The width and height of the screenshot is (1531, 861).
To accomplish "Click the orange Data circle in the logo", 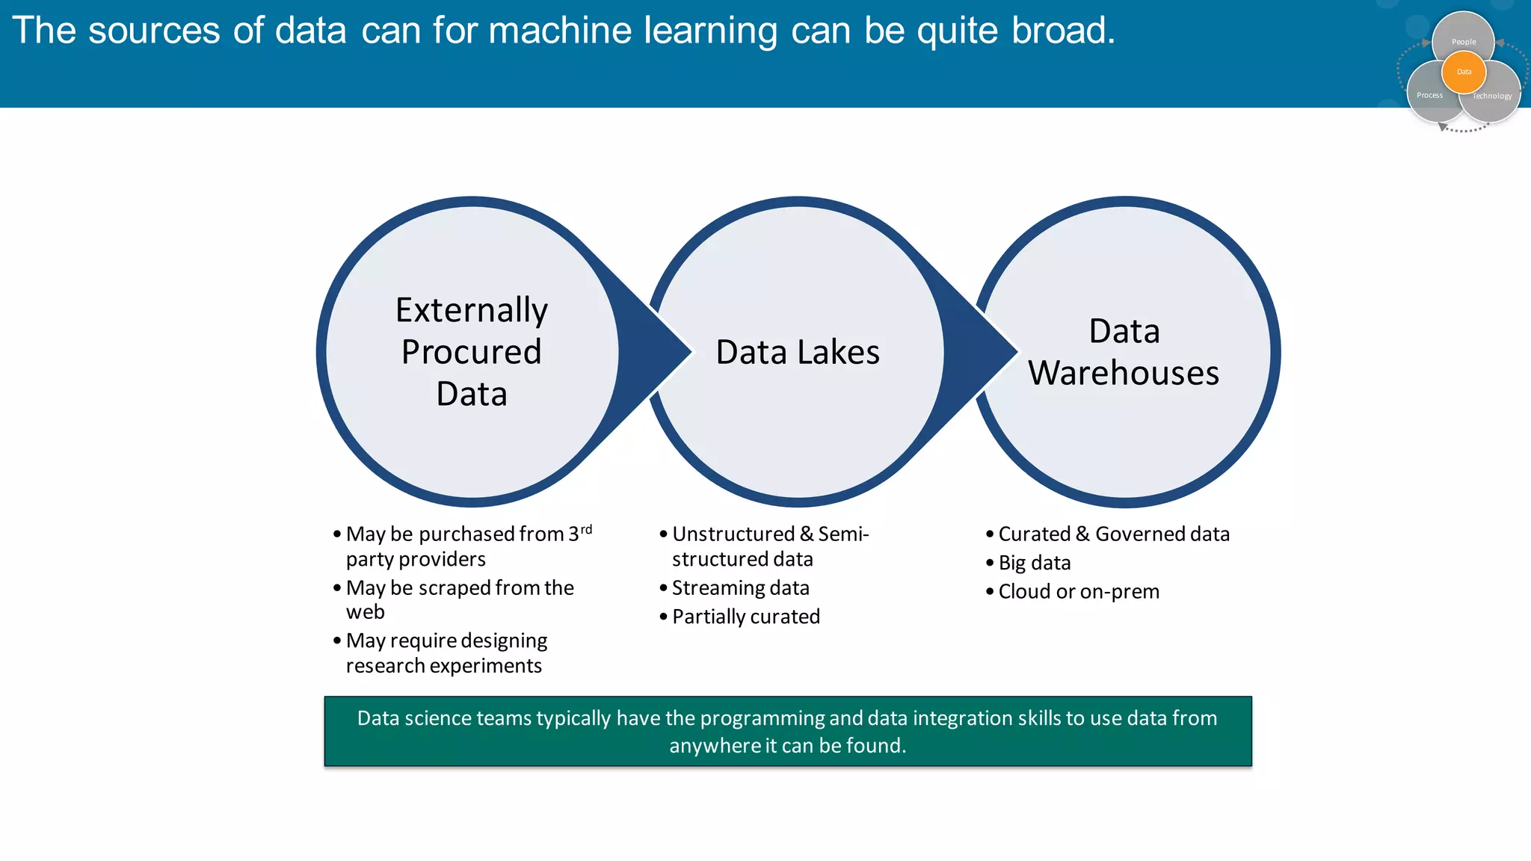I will [x=1464, y=72].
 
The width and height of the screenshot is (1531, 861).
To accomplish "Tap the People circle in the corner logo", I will [x=1464, y=34].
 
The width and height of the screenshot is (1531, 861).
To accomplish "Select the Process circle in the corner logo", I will [x=1428, y=97].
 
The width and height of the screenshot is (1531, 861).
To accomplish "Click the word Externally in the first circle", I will [x=471, y=310].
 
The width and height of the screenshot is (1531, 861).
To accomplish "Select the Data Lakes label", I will [x=797, y=352].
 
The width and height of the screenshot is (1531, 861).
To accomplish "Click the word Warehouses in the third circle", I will [x=1123, y=373].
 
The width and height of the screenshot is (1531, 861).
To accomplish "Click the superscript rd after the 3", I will [x=586, y=529].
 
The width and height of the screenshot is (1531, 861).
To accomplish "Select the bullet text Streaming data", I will [x=740, y=588].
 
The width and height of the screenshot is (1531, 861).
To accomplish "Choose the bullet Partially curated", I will [x=745, y=617].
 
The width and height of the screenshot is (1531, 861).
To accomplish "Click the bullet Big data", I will [x=1034, y=563].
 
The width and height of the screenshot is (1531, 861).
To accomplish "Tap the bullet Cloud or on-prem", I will [x=1078, y=592].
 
